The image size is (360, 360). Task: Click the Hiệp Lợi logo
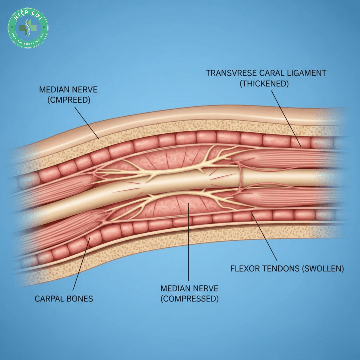[28, 28]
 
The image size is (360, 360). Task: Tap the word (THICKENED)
[264, 83]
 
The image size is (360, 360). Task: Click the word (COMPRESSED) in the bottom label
[189, 298]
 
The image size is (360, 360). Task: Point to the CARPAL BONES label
[64, 298]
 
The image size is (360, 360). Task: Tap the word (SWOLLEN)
[323, 269]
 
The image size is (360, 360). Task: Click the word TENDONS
[282, 269]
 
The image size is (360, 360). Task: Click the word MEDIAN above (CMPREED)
[55, 89]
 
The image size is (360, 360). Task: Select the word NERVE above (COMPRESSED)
[205, 288]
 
